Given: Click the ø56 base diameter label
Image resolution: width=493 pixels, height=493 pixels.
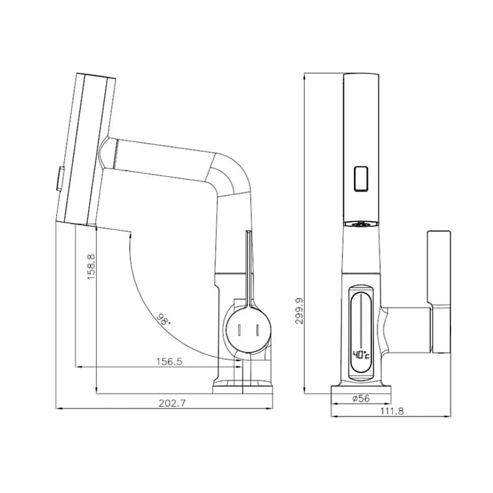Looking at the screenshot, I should pyautogui.click(x=361, y=399).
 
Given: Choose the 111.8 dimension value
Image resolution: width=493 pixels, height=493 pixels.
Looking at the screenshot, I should pyautogui.click(x=393, y=411).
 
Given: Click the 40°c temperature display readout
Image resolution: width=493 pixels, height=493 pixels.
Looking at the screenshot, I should pyautogui.click(x=360, y=355).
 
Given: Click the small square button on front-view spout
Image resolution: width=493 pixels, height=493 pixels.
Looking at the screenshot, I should pyautogui.click(x=361, y=179).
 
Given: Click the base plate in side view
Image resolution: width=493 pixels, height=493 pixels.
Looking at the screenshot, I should pyautogui.click(x=243, y=386).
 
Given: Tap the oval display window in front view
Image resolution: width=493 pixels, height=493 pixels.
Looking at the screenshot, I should pyautogui.click(x=360, y=330).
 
